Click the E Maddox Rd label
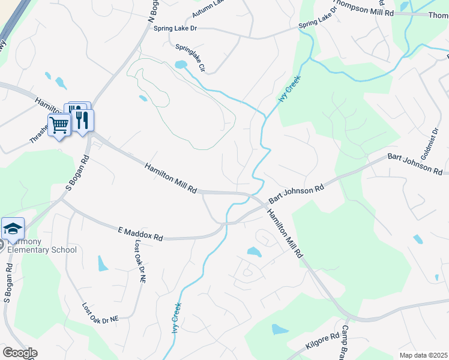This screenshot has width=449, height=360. point(140,234)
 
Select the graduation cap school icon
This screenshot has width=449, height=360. point(13,229)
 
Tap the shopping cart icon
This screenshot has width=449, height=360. point(59,125)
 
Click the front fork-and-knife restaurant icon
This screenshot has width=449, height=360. point(82,120)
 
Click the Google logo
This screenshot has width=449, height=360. point(20,353)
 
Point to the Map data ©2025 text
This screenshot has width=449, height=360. point(423,355)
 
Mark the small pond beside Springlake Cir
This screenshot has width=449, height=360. point(179,64)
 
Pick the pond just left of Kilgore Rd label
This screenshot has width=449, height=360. point(280,329)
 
